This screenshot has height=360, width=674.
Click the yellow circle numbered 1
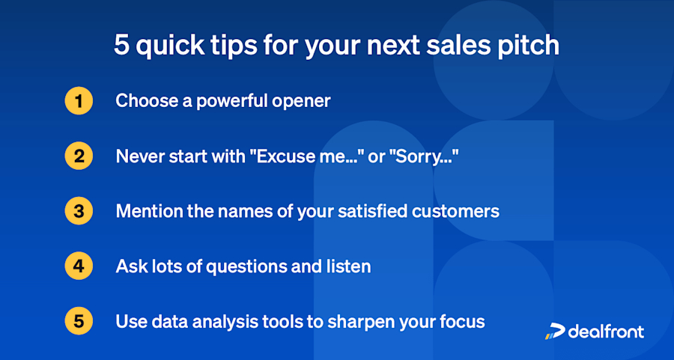tap(79, 101)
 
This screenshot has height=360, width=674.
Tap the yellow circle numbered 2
tap(79, 156)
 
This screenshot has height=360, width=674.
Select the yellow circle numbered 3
tap(79, 211)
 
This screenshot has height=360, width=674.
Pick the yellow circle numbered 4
tap(79, 266)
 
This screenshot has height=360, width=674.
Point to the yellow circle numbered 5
tap(79, 321)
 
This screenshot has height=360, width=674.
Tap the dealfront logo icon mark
tap(554, 332)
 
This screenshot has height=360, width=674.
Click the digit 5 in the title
tap(121, 45)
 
